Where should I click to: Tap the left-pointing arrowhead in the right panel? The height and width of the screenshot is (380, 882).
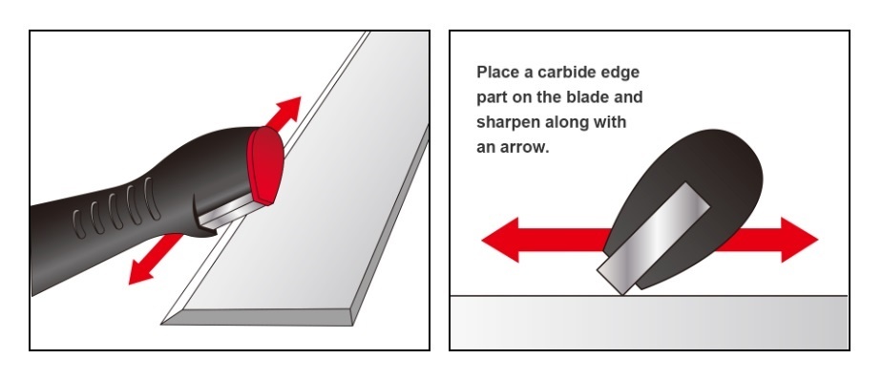point(500,240)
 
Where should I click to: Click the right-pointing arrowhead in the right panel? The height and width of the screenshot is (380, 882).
point(799,240)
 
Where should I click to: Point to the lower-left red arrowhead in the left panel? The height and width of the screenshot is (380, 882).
point(141,272)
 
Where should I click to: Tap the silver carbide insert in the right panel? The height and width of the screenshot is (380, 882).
point(654,238)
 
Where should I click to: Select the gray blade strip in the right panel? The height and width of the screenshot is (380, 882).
point(648,322)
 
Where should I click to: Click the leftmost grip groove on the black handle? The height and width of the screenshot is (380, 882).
point(79,223)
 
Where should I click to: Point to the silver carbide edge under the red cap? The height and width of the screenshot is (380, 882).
point(231,212)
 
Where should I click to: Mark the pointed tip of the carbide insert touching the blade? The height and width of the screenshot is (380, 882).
point(623,294)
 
